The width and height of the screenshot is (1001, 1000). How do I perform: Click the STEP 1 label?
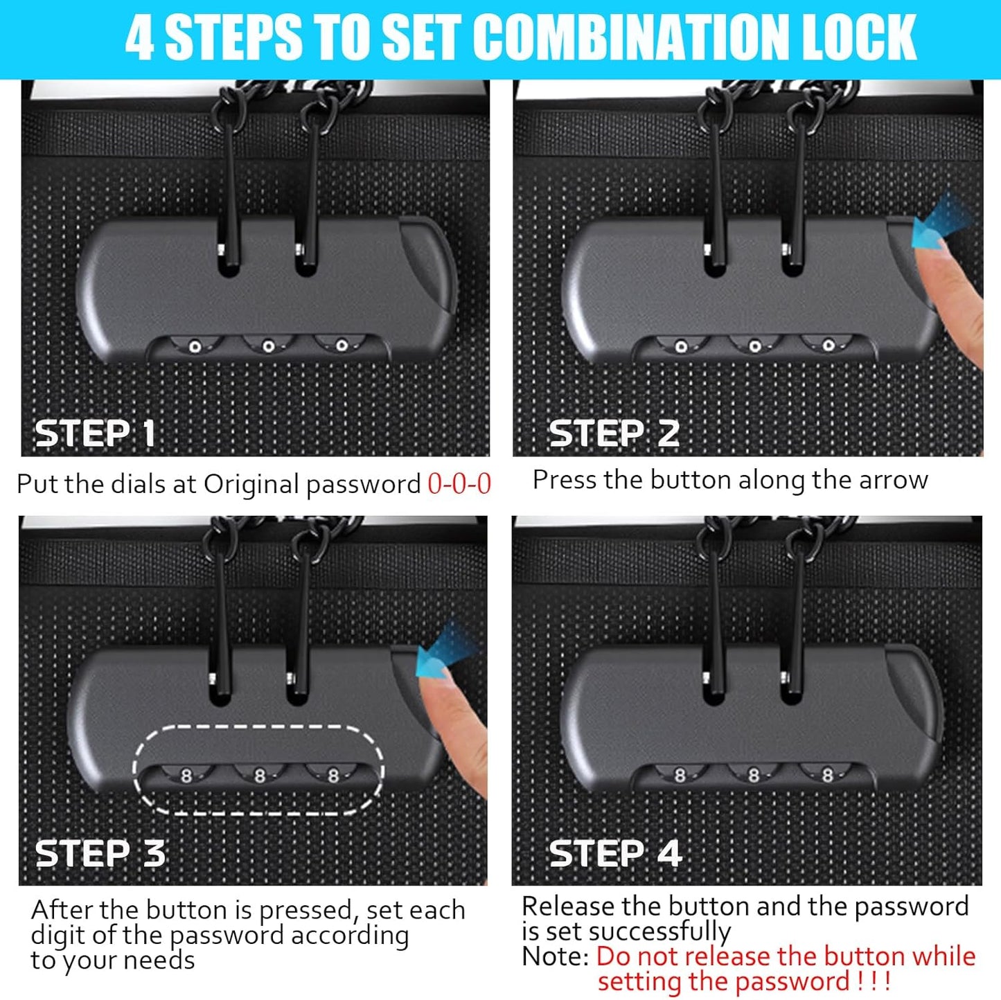95,434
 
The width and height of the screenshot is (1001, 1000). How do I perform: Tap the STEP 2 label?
614,434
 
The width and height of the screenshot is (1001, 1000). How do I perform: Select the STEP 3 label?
100,853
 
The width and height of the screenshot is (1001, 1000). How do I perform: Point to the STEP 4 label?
616,853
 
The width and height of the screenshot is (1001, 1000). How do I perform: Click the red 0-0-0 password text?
459,484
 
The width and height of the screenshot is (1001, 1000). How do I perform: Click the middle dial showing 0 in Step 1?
269,346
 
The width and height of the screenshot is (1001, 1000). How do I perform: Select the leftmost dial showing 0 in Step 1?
195,346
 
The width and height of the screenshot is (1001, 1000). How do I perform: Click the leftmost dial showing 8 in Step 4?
680,776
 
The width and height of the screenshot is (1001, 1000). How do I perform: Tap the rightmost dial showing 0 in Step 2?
828,345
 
